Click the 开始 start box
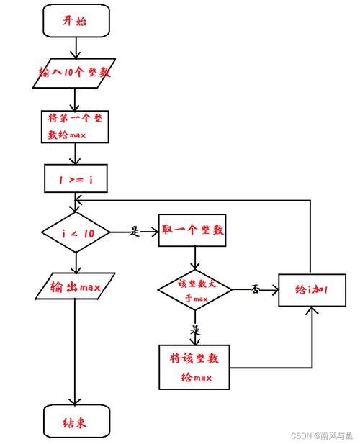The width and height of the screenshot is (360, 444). [76, 21]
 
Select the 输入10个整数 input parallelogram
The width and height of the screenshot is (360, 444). [76, 73]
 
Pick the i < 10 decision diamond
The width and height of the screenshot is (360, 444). [76, 232]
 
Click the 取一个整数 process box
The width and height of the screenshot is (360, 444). [192, 232]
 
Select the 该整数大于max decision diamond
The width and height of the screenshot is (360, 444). [194, 291]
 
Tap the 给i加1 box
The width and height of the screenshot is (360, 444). [312, 289]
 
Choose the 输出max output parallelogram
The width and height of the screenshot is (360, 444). [76, 288]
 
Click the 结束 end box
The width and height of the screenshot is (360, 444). [76, 422]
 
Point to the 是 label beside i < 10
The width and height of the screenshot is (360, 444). [134, 232]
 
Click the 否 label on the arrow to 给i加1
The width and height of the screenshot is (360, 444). [254, 289]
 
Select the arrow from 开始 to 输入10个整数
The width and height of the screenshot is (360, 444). [76, 47]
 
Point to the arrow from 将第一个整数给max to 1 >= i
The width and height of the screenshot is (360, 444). [76, 153]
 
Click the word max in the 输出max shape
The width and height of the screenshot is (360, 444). [89, 289]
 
